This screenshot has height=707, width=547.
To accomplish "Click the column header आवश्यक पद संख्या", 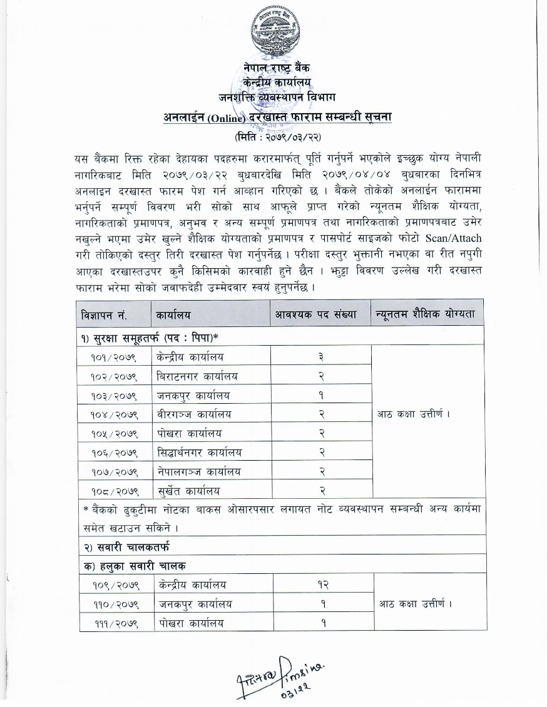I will click(320, 314).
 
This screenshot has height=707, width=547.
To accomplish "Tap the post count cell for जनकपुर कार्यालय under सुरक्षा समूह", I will click(320, 395).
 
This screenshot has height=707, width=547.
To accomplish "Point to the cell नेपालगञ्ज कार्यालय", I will click(198, 471).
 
